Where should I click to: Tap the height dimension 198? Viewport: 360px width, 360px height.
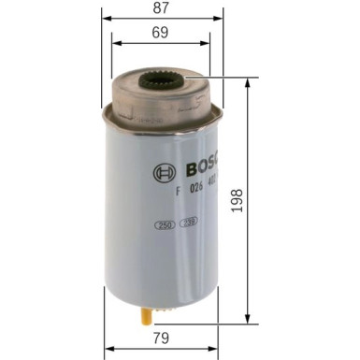[x=263, y=200]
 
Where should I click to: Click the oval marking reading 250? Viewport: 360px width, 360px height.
[x=165, y=226]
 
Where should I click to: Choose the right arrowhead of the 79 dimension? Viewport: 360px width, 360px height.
[x=218, y=349]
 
